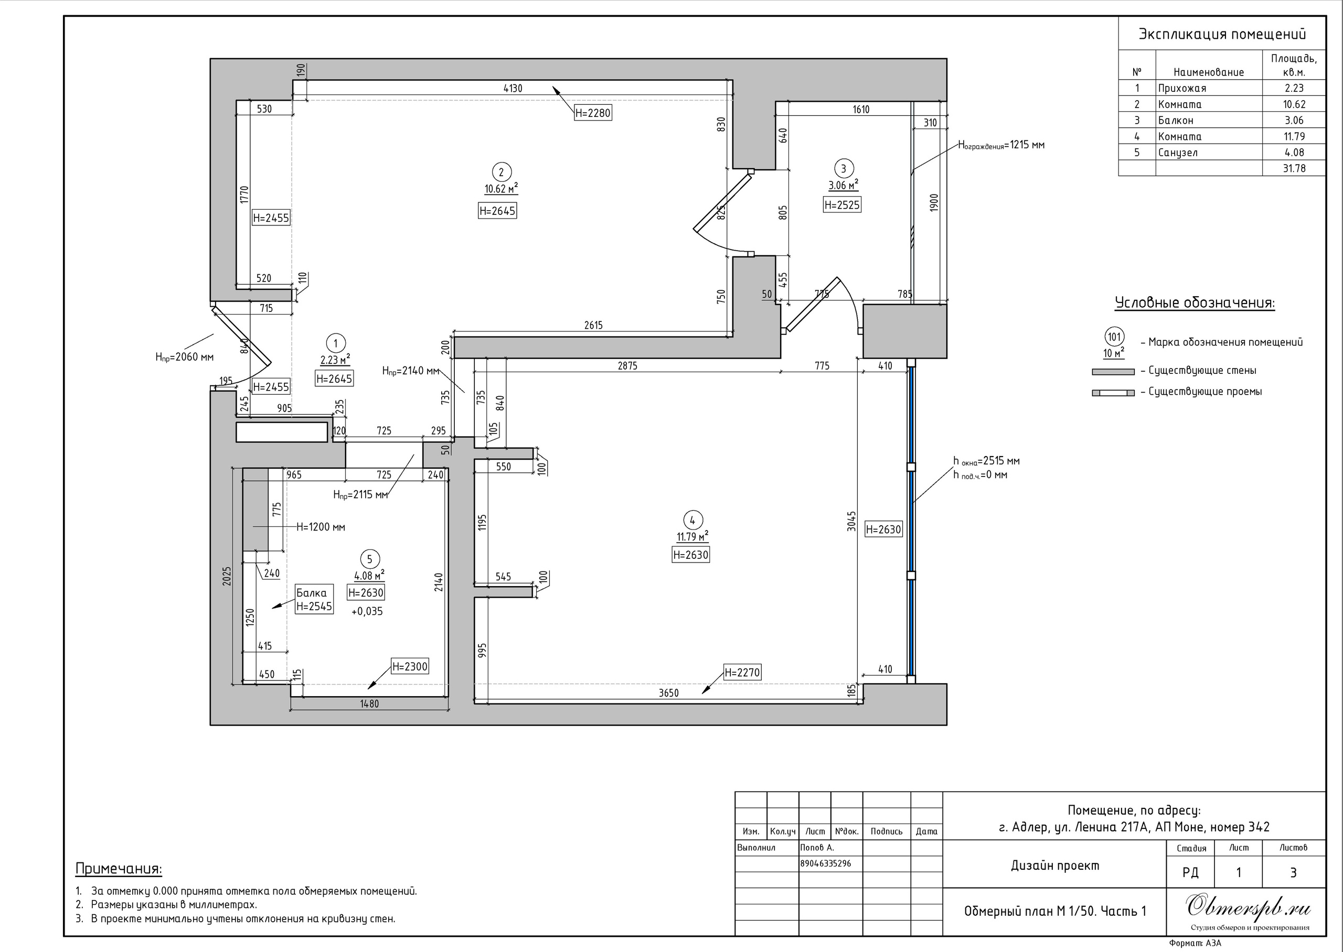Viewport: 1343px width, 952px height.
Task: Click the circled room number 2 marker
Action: coord(501,172)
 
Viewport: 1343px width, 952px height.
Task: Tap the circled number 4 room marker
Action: coord(692,520)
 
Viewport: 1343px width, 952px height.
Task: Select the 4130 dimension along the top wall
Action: coord(513,89)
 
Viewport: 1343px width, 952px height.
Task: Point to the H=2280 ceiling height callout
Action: coord(593,113)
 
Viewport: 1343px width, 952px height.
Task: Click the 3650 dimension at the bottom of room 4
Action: coord(668,693)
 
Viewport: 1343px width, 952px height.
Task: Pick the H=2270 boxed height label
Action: coord(742,673)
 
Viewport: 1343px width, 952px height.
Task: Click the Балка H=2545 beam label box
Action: coord(314,599)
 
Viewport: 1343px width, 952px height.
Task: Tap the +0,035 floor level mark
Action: coord(367,611)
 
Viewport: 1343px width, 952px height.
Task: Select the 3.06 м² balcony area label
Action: coord(844,185)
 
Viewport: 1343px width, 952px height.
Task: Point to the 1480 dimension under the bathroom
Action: coord(369,704)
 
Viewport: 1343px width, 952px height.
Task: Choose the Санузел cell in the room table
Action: coord(1178,153)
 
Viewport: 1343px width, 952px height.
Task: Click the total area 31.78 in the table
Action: coord(1294,168)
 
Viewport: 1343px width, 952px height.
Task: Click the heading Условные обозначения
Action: coord(1195,303)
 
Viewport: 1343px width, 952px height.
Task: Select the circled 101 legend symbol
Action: coord(1114,338)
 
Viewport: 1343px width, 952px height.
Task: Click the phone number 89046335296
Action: coord(826,863)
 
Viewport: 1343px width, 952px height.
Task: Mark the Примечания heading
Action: coord(119,869)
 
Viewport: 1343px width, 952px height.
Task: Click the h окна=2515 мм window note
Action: coord(986,461)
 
